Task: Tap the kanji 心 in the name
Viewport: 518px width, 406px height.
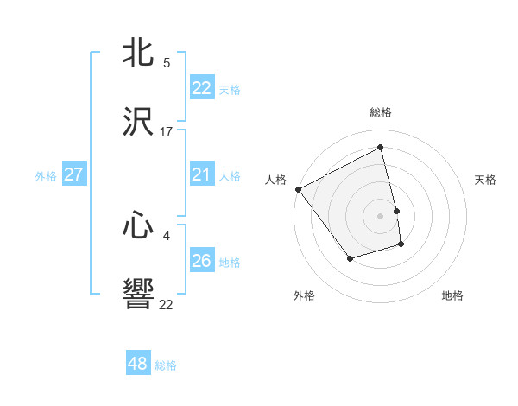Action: tap(139, 225)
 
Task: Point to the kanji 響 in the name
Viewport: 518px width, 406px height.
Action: tap(139, 295)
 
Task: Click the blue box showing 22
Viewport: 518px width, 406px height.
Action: tap(202, 88)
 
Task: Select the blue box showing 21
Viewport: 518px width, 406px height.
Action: tap(202, 175)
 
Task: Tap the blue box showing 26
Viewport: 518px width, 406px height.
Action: tap(202, 261)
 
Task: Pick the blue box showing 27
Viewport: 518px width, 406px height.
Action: tap(73, 174)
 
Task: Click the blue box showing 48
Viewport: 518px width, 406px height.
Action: tap(138, 364)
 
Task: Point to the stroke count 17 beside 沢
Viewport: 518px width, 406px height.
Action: tap(167, 132)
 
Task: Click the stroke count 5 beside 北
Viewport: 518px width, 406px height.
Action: tap(167, 63)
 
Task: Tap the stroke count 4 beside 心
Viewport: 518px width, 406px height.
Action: tap(167, 234)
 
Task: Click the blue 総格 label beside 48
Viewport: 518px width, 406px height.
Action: tap(166, 365)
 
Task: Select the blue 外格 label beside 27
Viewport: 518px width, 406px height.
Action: tap(46, 176)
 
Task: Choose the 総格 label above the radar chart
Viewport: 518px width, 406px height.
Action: tap(381, 112)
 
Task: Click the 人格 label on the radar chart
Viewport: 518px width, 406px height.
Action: tap(275, 180)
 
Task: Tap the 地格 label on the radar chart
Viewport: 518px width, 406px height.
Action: tap(452, 295)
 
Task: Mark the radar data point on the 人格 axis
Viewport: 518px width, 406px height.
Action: tap(299, 189)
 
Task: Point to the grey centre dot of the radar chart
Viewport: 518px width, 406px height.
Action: tap(381, 216)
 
